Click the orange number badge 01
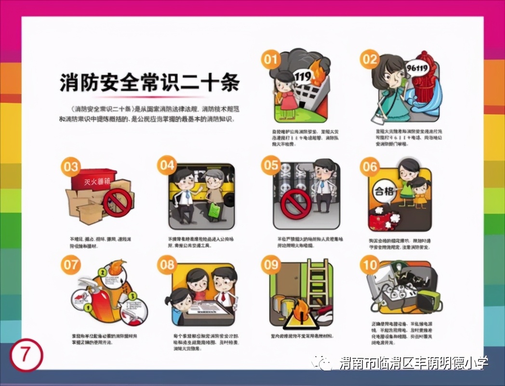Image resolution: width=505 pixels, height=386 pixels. [x=271, y=59]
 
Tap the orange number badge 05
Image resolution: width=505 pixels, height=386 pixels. [x=271, y=165]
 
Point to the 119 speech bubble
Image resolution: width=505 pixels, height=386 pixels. [x=303, y=76]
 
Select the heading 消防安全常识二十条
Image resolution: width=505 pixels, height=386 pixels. [x=149, y=83]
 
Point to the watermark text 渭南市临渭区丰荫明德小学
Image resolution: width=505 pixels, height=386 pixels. [x=414, y=363]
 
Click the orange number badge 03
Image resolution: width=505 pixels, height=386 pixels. [x=71, y=167]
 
